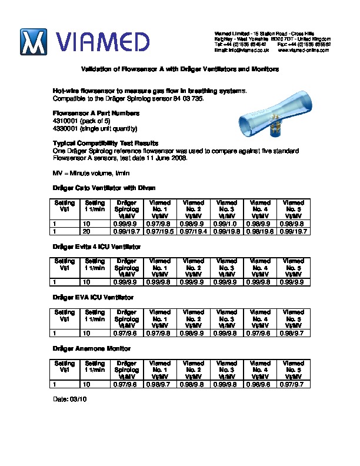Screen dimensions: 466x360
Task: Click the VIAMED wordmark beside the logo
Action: click(x=104, y=42)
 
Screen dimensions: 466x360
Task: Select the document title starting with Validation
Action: click(x=179, y=69)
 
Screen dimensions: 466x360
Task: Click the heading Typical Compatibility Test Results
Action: click(x=105, y=144)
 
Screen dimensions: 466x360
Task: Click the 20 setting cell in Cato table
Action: click(x=86, y=232)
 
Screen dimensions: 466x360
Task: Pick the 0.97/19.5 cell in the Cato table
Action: click(x=161, y=232)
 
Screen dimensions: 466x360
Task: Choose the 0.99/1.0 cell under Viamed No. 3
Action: click(x=227, y=224)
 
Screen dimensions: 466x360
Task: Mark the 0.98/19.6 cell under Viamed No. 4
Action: click(x=261, y=232)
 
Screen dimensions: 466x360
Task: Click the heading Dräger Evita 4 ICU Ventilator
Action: click(x=96, y=247)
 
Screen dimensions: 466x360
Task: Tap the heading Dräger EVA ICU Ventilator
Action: click(x=93, y=298)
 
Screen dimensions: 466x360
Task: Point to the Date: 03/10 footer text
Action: click(x=69, y=400)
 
